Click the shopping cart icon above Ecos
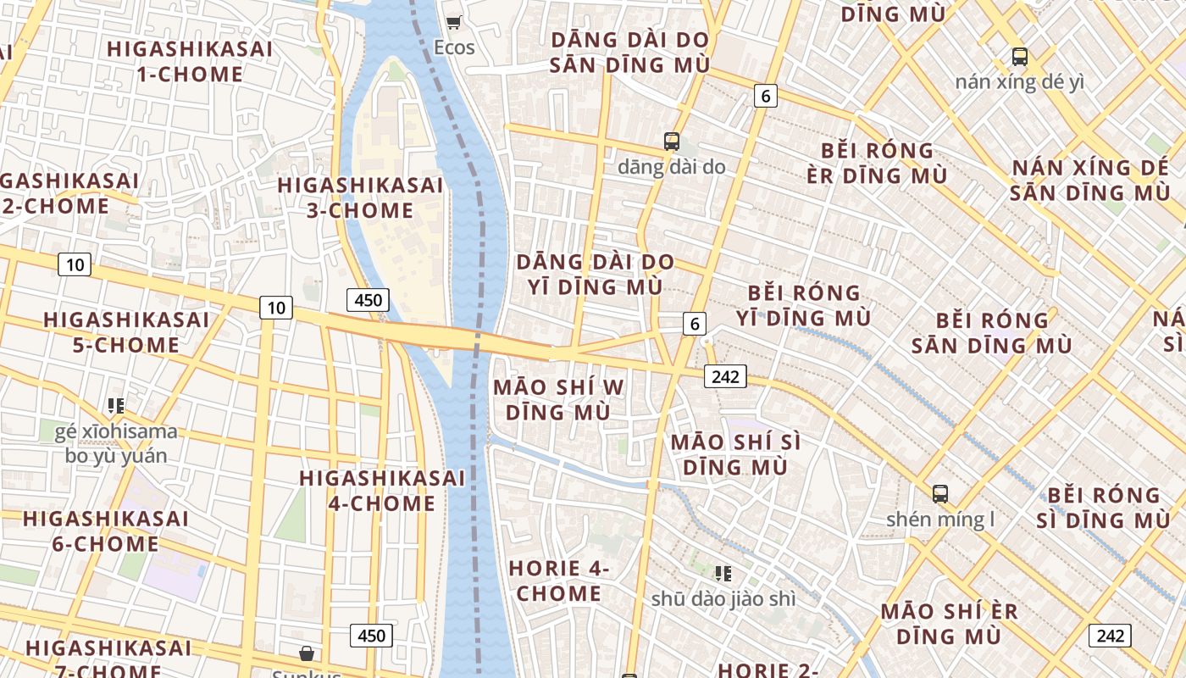(454, 22)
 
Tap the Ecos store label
(454, 47)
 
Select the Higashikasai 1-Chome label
(190, 61)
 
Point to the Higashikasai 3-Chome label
(360, 197)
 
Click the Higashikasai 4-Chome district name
(382, 491)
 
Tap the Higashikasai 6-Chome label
(106, 531)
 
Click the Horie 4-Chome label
(559, 581)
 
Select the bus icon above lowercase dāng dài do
(672, 142)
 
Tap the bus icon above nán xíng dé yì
(1020, 57)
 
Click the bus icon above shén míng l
(940, 493)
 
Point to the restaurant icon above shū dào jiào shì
(723, 574)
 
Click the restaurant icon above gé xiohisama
(116, 406)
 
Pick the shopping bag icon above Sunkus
(307, 653)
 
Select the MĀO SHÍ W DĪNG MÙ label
(558, 400)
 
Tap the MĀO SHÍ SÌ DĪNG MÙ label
(735, 454)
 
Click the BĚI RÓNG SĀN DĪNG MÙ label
(992, 333)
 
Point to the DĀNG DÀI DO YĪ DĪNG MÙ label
(596, 274)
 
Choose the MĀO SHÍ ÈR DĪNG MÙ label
(949, 623)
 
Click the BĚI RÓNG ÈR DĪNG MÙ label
(877, 163)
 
